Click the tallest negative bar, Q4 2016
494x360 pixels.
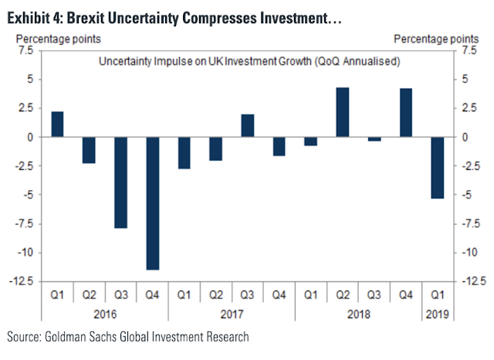click(152, 203)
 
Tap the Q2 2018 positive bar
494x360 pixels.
click(342, 112)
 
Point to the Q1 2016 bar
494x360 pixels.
click(57, 124)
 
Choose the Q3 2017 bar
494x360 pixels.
click(247, 125)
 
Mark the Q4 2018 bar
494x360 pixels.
click(405, 113)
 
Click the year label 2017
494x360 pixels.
click(231, 314)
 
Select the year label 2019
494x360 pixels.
click(437, 314)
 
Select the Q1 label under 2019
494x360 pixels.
click(437, 295)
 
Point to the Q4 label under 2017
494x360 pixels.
click(279, 295)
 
